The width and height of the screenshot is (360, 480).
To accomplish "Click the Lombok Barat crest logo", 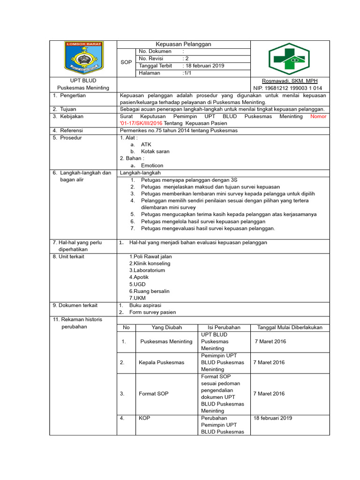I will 84,58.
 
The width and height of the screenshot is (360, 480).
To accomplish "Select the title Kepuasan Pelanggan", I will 183,44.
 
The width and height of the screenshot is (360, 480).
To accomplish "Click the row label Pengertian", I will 73,95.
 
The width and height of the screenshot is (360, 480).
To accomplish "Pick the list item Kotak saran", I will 155,151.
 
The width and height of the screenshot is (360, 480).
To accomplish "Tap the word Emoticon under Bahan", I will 152,165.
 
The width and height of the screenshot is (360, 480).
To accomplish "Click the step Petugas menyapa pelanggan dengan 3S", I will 189,180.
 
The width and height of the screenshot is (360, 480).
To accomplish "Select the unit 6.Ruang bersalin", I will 150,291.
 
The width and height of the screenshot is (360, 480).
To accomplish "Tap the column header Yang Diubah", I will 166,328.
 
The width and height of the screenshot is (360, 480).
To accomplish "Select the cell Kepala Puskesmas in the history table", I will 161,362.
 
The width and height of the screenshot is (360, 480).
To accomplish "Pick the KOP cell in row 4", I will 144,418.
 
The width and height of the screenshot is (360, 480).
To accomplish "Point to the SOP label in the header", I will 126,62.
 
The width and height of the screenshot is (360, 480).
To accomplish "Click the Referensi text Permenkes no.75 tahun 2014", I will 179,130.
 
